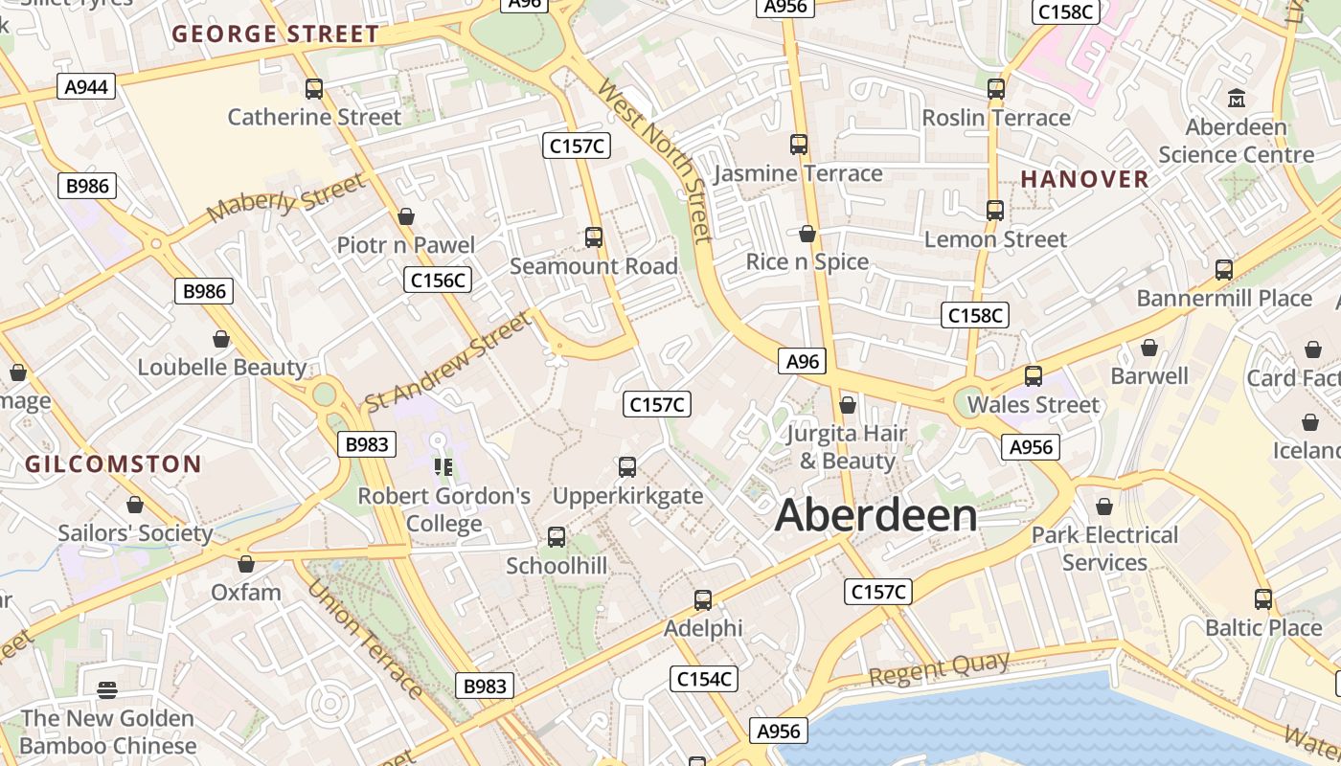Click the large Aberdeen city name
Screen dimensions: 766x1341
point(875,515)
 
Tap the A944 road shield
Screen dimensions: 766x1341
point(86,87)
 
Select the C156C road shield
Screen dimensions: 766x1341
point(438,280)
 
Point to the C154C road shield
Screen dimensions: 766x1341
point(704,679)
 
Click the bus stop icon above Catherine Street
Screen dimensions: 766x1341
point(314,89)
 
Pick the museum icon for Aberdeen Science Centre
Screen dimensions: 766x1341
point(1236,98)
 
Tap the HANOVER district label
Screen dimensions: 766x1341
point(1084,179)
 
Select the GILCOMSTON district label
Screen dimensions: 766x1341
point(113,465)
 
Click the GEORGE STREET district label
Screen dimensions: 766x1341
point(276,34)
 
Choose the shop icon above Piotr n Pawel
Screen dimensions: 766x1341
point(406,216)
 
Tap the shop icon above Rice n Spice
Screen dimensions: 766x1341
point(807,234)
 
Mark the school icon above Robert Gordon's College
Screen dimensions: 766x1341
point(443,467)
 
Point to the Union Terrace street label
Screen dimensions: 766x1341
point(365,639)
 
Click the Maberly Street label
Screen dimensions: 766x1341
point(285,197)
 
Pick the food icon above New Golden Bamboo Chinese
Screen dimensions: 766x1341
point(107,689)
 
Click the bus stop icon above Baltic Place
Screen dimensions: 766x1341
point(1263,599)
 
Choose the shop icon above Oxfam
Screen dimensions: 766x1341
point(246,564)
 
